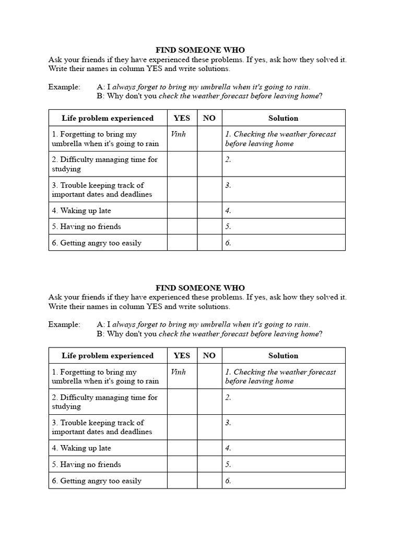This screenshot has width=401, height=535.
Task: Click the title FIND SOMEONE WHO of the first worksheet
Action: tap(200, 50)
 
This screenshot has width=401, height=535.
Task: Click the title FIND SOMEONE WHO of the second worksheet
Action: tap(200, 288)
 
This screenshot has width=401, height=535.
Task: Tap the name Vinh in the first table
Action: tap(178, 134)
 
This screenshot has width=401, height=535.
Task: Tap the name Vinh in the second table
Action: tap(178, 372)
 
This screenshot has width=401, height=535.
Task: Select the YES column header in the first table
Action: tap(182, 118)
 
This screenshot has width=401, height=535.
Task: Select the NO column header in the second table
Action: tap(209, 356)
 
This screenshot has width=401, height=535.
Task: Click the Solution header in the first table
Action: tap(283, 118)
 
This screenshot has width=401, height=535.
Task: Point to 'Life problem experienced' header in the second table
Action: tap(108, 356)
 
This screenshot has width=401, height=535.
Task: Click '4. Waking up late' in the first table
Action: tap(81, 211)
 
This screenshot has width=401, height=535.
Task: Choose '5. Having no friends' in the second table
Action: tap(86, 464)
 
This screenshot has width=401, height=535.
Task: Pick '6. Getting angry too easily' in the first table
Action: tap(97, 243)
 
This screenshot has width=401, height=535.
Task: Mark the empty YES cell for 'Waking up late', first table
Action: tap(182, 211)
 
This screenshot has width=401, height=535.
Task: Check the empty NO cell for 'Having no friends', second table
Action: tap(209, 464)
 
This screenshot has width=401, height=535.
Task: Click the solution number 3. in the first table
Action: tap(228, 185)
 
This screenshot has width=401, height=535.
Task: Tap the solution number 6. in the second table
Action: tap(228, 481)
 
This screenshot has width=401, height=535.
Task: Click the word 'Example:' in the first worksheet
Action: tap(64, 87)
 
